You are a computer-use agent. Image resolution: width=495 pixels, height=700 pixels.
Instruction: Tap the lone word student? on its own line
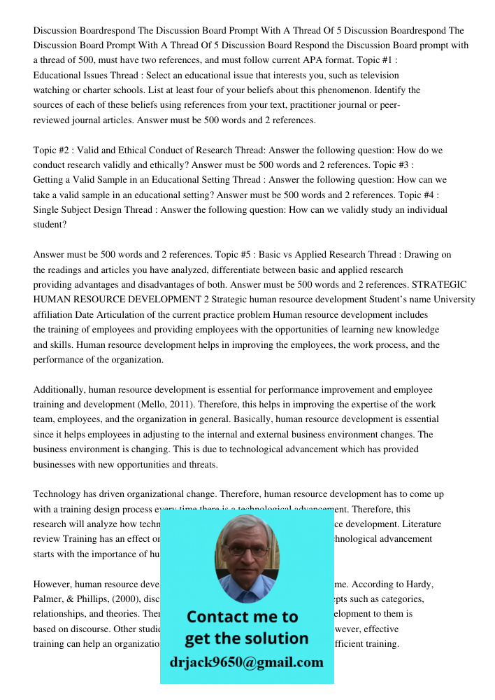50,225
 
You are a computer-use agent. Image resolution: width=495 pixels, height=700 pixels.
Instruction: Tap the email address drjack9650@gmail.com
246,662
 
